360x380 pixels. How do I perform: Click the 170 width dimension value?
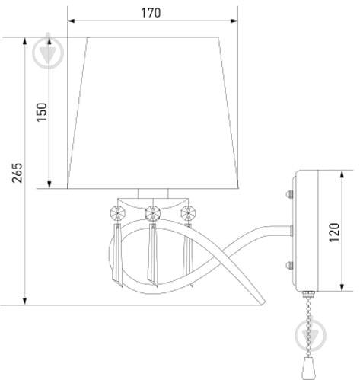click(x=151, y=13)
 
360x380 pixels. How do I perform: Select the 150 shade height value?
click(x=42, y=112)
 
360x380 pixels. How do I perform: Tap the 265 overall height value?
click(x=18, y=173)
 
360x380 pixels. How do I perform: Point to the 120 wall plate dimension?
click(x=334, y=232)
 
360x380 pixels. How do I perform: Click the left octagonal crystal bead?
click(x=118, y=213)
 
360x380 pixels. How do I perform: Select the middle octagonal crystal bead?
click(x=153, y=213)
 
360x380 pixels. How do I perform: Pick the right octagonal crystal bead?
click(x=188, y=213)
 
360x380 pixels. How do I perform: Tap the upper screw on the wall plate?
click(x=289, y=194)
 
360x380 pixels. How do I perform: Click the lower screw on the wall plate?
click(x=289, y=266)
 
